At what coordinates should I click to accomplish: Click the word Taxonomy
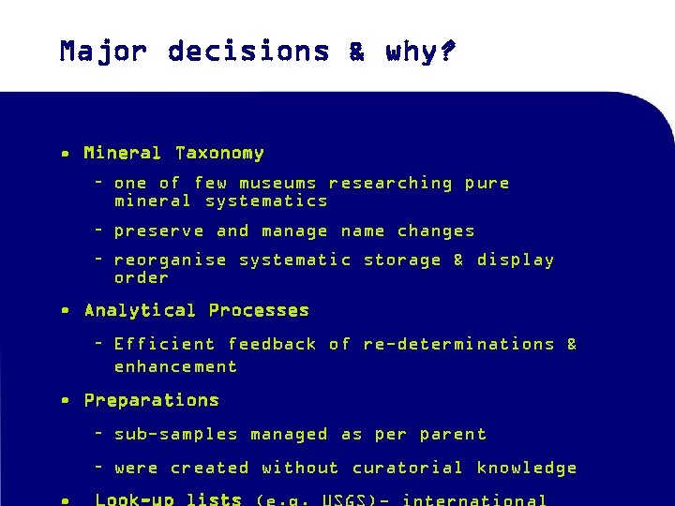pos(219,153)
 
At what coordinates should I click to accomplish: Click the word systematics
pos(266,201)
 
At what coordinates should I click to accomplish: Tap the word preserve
pos(158,231)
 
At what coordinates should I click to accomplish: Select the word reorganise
pos(170,260)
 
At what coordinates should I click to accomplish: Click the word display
pos(515,260)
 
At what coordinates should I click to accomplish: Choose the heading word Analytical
pos(141,310)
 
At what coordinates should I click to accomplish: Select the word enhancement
pos(175,366)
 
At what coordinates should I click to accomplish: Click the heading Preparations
pos(152,400)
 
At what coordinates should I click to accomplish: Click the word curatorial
pos(408,468)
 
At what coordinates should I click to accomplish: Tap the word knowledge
pos(526,468)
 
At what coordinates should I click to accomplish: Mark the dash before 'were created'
pos(99,468)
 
